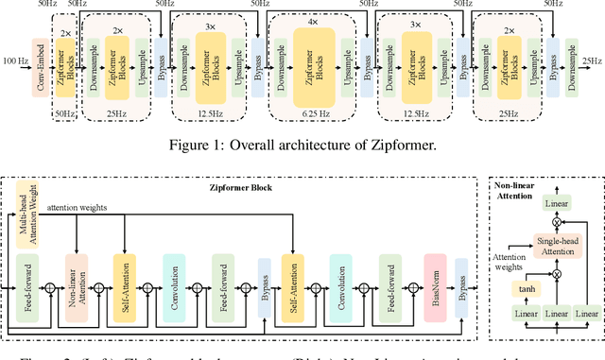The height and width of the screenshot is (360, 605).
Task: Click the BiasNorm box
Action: click(436, 283)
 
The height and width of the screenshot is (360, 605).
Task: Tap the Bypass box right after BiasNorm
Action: click(462, 283)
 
